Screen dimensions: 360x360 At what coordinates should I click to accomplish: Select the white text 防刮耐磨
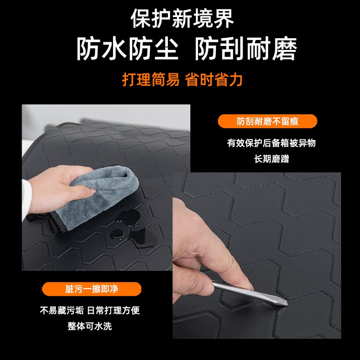click(x=246, y=49)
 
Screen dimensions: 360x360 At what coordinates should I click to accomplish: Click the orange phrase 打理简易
click(x=151, y=79)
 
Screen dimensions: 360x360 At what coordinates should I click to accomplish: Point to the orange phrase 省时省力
click(x=214, y=79)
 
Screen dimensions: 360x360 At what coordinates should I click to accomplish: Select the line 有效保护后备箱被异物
click(x=271, y=143)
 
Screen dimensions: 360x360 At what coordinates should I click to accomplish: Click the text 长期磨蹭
click(x=271, y=159)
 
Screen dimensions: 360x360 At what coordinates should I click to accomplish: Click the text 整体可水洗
click(x=90, y=326)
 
